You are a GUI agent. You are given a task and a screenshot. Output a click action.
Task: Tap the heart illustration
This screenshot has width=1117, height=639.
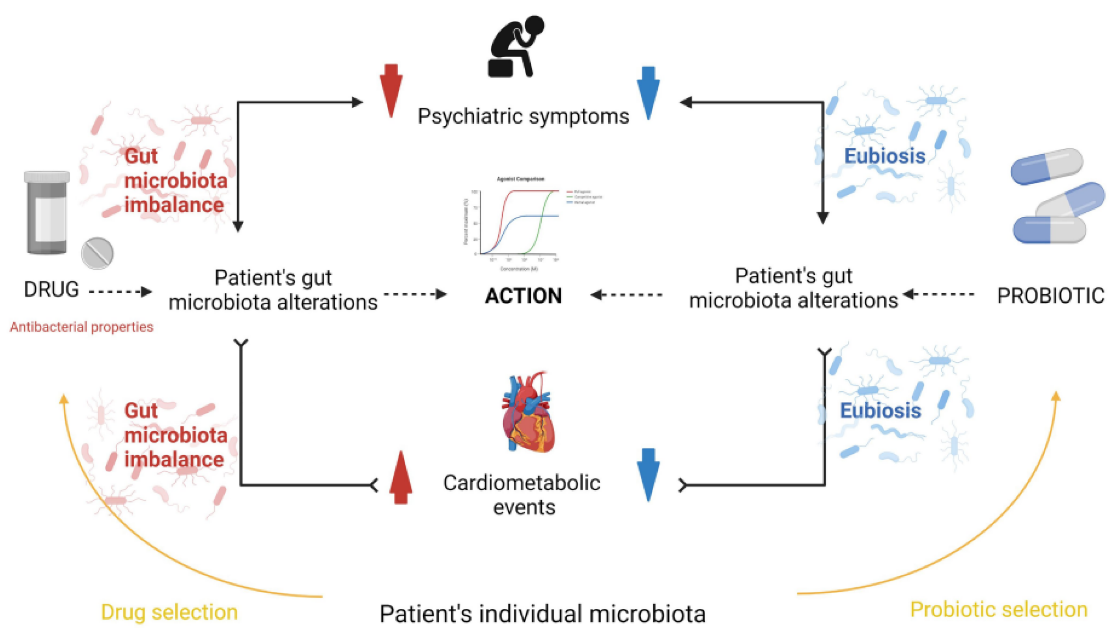point(528,413)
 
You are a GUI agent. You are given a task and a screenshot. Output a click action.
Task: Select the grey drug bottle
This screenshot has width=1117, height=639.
point(47,212)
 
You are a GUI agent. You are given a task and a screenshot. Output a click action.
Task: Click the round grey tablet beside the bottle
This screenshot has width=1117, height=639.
point(97,253)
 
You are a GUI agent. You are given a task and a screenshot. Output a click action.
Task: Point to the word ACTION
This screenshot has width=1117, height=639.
point(523,296)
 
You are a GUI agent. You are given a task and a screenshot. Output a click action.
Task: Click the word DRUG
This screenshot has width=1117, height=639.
point(51,290)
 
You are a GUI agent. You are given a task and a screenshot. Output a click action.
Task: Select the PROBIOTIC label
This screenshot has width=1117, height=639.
point(1050,296)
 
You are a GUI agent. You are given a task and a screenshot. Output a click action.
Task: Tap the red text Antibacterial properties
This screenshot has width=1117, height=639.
point(82,327)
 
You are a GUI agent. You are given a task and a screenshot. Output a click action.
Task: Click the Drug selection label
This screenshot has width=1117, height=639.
point(169,612)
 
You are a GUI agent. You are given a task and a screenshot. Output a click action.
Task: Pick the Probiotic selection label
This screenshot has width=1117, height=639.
point(998,610)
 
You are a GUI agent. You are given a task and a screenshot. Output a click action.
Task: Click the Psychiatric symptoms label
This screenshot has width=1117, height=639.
point(523,116)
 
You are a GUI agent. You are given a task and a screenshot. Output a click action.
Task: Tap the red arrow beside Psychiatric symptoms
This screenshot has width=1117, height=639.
point(391,90)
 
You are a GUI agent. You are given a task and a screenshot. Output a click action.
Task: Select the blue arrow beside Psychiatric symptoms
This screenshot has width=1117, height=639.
point(648,93)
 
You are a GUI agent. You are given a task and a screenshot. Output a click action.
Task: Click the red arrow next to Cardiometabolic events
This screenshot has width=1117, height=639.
point(401,477)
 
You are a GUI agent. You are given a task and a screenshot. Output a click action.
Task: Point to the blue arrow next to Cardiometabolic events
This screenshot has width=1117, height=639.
point(648,474)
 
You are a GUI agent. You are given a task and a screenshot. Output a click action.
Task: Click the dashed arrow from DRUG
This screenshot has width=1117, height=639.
point(120,292)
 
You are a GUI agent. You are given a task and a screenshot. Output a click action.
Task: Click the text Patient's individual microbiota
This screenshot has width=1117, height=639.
point(542,614)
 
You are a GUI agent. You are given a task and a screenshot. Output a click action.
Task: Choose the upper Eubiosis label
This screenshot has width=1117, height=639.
point(885,156)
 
